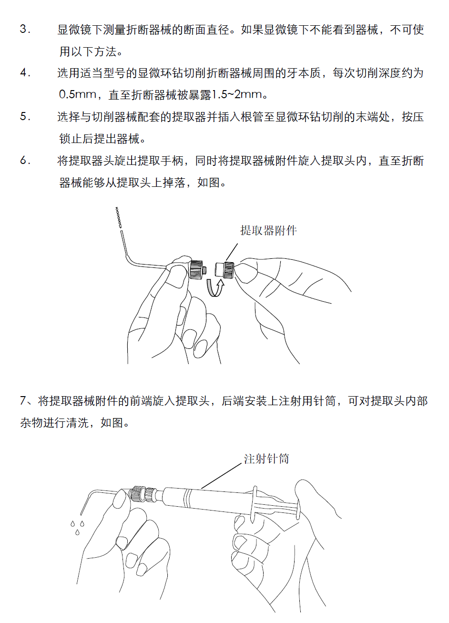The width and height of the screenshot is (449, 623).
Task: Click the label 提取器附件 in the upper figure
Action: pyautogui.click(x=268, y=231)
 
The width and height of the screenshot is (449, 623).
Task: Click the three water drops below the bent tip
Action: pyautogui.click(x=77, y=528)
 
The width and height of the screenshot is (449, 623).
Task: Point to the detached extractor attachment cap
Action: pyautogui.click(x=224, y=269)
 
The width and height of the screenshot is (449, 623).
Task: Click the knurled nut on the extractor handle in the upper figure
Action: pyautogui.click(x=196, y=269)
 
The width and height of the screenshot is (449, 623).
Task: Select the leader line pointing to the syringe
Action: pyautogui.click(x=222, y=476)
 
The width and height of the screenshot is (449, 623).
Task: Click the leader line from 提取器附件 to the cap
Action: pyautogui.click(x=232, y=252)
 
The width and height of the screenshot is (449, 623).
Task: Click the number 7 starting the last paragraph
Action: pyautogui.click(x=23, y=401)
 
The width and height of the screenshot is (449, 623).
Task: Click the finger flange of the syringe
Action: pyautogui.click(x=255, y=504)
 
